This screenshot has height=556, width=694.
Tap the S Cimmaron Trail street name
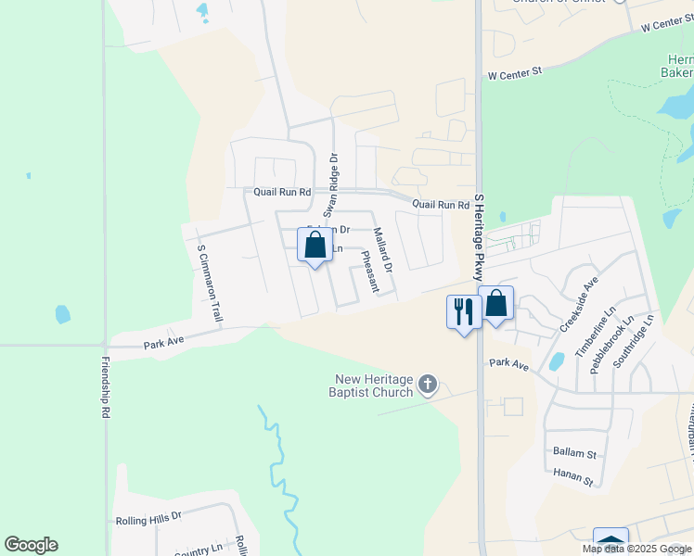click(x=210, y=282)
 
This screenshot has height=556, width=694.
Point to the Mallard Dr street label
click(x=382, y=250)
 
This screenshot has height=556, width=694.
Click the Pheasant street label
click(x=369, y=272)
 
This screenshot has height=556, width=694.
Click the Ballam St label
click(x=574, y=453)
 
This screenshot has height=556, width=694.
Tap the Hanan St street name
click(x=574, y=476)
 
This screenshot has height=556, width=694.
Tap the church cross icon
click(x=428, y=384)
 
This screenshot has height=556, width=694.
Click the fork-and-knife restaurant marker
click(x=462, y=310)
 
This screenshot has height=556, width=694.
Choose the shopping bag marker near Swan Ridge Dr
click(x=315, y=246)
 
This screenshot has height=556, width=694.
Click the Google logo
click(x=31, y=545)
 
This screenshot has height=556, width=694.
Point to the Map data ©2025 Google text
click(x=636, y=549)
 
